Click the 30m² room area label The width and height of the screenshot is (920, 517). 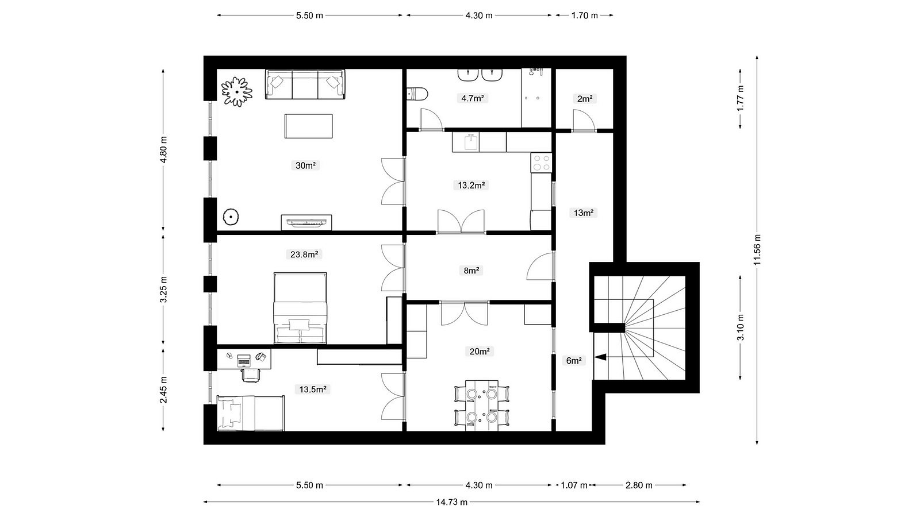point(305,165)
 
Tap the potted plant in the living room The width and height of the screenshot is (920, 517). point(237,91)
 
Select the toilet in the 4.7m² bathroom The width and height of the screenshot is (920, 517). point(417,94)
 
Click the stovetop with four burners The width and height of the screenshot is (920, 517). point(541,163)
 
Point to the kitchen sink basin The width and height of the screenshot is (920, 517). point(471,142)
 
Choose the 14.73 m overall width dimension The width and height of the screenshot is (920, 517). point(452,502)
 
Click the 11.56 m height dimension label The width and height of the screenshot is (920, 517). point(757,249)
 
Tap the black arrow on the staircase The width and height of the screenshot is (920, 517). point(600,357)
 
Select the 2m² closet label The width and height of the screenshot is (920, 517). point(584,99)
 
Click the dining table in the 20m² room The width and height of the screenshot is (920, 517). point(482,406)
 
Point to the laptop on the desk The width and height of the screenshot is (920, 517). point(244,360)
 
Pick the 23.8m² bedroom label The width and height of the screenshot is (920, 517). point(304,254)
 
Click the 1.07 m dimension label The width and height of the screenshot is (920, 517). point(574,485)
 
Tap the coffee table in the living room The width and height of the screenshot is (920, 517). point(308,126)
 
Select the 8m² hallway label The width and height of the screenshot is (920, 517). point(471,271)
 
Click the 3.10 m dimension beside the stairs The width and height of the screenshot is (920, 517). point(741,327)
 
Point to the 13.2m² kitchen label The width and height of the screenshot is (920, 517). point(471,185)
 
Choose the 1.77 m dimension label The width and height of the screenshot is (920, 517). point(741,98)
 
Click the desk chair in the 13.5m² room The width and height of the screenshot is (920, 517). point(251,375)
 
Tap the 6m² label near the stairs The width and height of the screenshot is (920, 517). point(574,361)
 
